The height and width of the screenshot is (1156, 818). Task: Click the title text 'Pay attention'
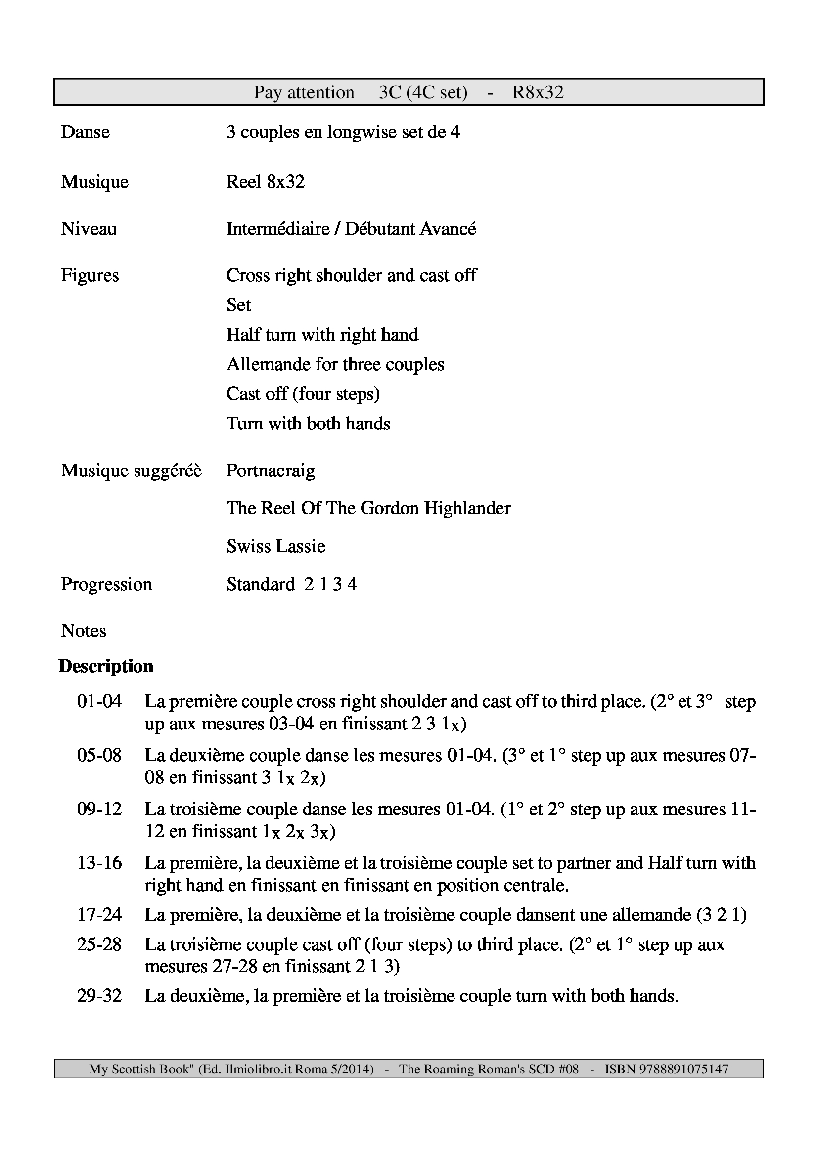pyautogui.click(x=304, y=92)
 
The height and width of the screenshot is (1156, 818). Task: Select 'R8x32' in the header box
pyautogui.click(x=538, y=92)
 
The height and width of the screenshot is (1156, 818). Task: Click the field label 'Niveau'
pyautogui.click(x=89, y=229)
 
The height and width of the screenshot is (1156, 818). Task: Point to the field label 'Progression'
pyautogui.click(x=106, y=585)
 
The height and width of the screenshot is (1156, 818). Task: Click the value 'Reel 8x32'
pyautogui.click(x=266, y=182)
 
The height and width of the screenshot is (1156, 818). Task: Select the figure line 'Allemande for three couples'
pyautogui.click(x=335, y=365)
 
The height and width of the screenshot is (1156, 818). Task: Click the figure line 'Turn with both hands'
pyautogui.click(x=308, y=424)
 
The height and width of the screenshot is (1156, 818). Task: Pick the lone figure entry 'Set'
pyautogui.click(x=238, y=305)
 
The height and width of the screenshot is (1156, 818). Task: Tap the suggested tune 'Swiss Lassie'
pyautogui.click(x=275, y=546)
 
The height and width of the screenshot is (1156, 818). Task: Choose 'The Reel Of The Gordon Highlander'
pyautogui.click(x=368, y=509)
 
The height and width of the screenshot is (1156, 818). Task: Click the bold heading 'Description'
pyautogui.click(x=106, y=667)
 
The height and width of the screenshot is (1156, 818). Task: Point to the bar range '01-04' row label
pyautogui.click(x=99, y=701)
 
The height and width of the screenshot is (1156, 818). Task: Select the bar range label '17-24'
pyautogui.click(x=99, y=914)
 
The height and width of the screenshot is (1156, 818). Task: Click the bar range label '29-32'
pyautogui.click(x=99, y=996)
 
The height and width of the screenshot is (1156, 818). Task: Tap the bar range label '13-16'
pyautogui.click(x=99, y=863)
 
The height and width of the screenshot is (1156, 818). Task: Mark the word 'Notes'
pyautogui.click(x=84, y=631)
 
